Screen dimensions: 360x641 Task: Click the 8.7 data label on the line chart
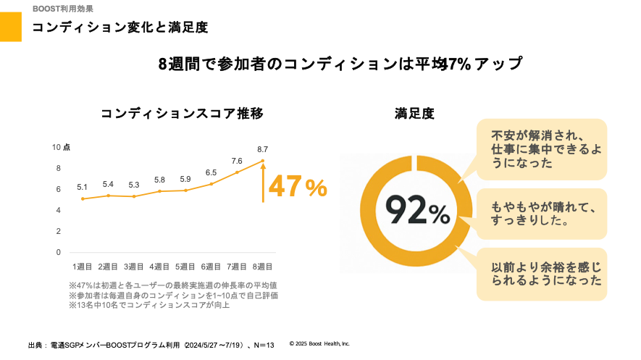(x=262, y=149)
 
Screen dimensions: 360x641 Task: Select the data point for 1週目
(x=83, y=198)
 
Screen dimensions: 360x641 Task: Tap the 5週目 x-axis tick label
(x=185, y=267)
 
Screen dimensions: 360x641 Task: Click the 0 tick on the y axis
(x=58, y=252)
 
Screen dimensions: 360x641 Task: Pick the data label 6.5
(x=211, y=172)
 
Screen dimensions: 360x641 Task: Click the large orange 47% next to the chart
(x=298, y=187)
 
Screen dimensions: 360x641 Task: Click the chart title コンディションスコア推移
(x=182, y=114)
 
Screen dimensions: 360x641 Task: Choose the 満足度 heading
(x=414, y=114)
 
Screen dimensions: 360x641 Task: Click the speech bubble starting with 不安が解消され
(x=541, y=148)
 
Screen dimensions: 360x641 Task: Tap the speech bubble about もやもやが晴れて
(x=541, y=214)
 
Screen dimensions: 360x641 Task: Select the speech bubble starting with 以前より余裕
(x=541, y=273)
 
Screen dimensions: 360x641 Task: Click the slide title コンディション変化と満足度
(x=120, y=28)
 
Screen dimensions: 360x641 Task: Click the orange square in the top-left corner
(x=11, y=27)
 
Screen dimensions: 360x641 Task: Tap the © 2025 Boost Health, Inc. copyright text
(x=319, y=343)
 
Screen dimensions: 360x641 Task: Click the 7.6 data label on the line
(x=237, y=161)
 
